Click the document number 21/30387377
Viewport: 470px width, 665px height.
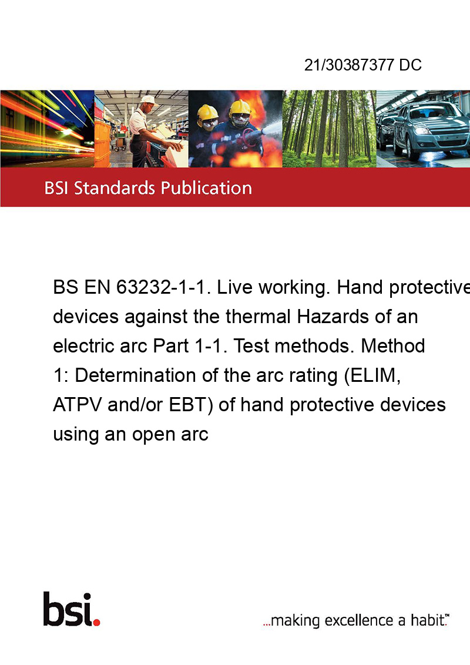coord(349,65)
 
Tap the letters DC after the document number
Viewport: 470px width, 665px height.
coord(410,65)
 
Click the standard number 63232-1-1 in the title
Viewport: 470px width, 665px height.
coord(163,287)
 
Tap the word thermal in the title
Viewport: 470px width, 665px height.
coord(258,317)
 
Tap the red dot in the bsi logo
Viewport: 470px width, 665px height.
coord(96,622)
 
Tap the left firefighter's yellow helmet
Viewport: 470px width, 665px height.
coord(207,113)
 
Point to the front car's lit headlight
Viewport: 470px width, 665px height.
coord(424,130)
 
